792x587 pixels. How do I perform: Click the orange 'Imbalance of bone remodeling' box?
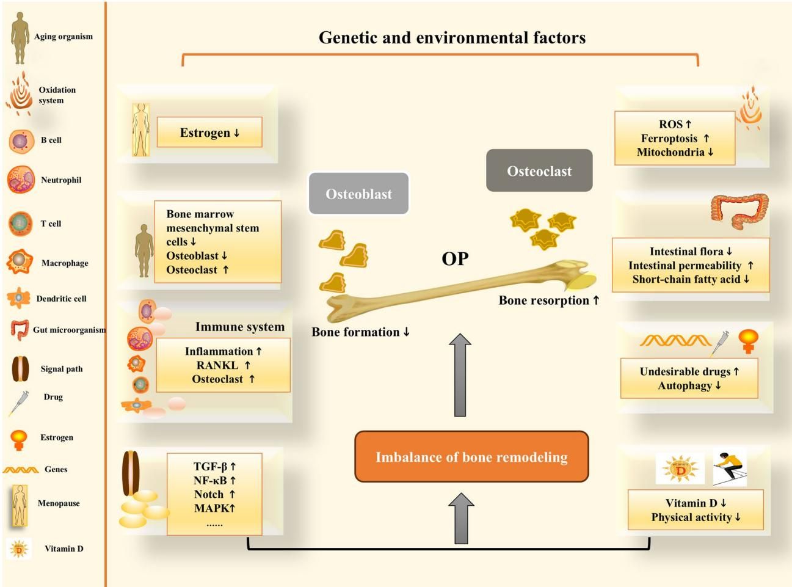click(471, 457)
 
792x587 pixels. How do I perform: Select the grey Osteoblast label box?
click(358, 194)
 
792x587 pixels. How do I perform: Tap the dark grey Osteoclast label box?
click(539, 171)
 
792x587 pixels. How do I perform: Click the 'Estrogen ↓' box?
click(209, 133)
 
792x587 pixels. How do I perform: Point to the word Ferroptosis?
click(669, 138)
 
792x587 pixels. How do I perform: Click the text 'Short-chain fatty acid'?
click(686, 279)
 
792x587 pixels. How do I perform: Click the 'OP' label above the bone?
click(455, 259)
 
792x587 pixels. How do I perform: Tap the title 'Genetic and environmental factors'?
click(452, 38)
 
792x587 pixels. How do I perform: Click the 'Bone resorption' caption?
click(543, 301)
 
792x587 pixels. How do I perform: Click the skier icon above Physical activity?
click(729, 467)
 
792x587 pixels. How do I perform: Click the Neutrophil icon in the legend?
click(21, 180)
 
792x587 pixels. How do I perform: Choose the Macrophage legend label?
click(65, 263)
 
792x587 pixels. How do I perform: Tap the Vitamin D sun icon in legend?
click(19, 549)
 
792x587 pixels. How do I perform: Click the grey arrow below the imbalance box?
click(461, 519)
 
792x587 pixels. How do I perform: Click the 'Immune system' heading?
click(239, 327)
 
